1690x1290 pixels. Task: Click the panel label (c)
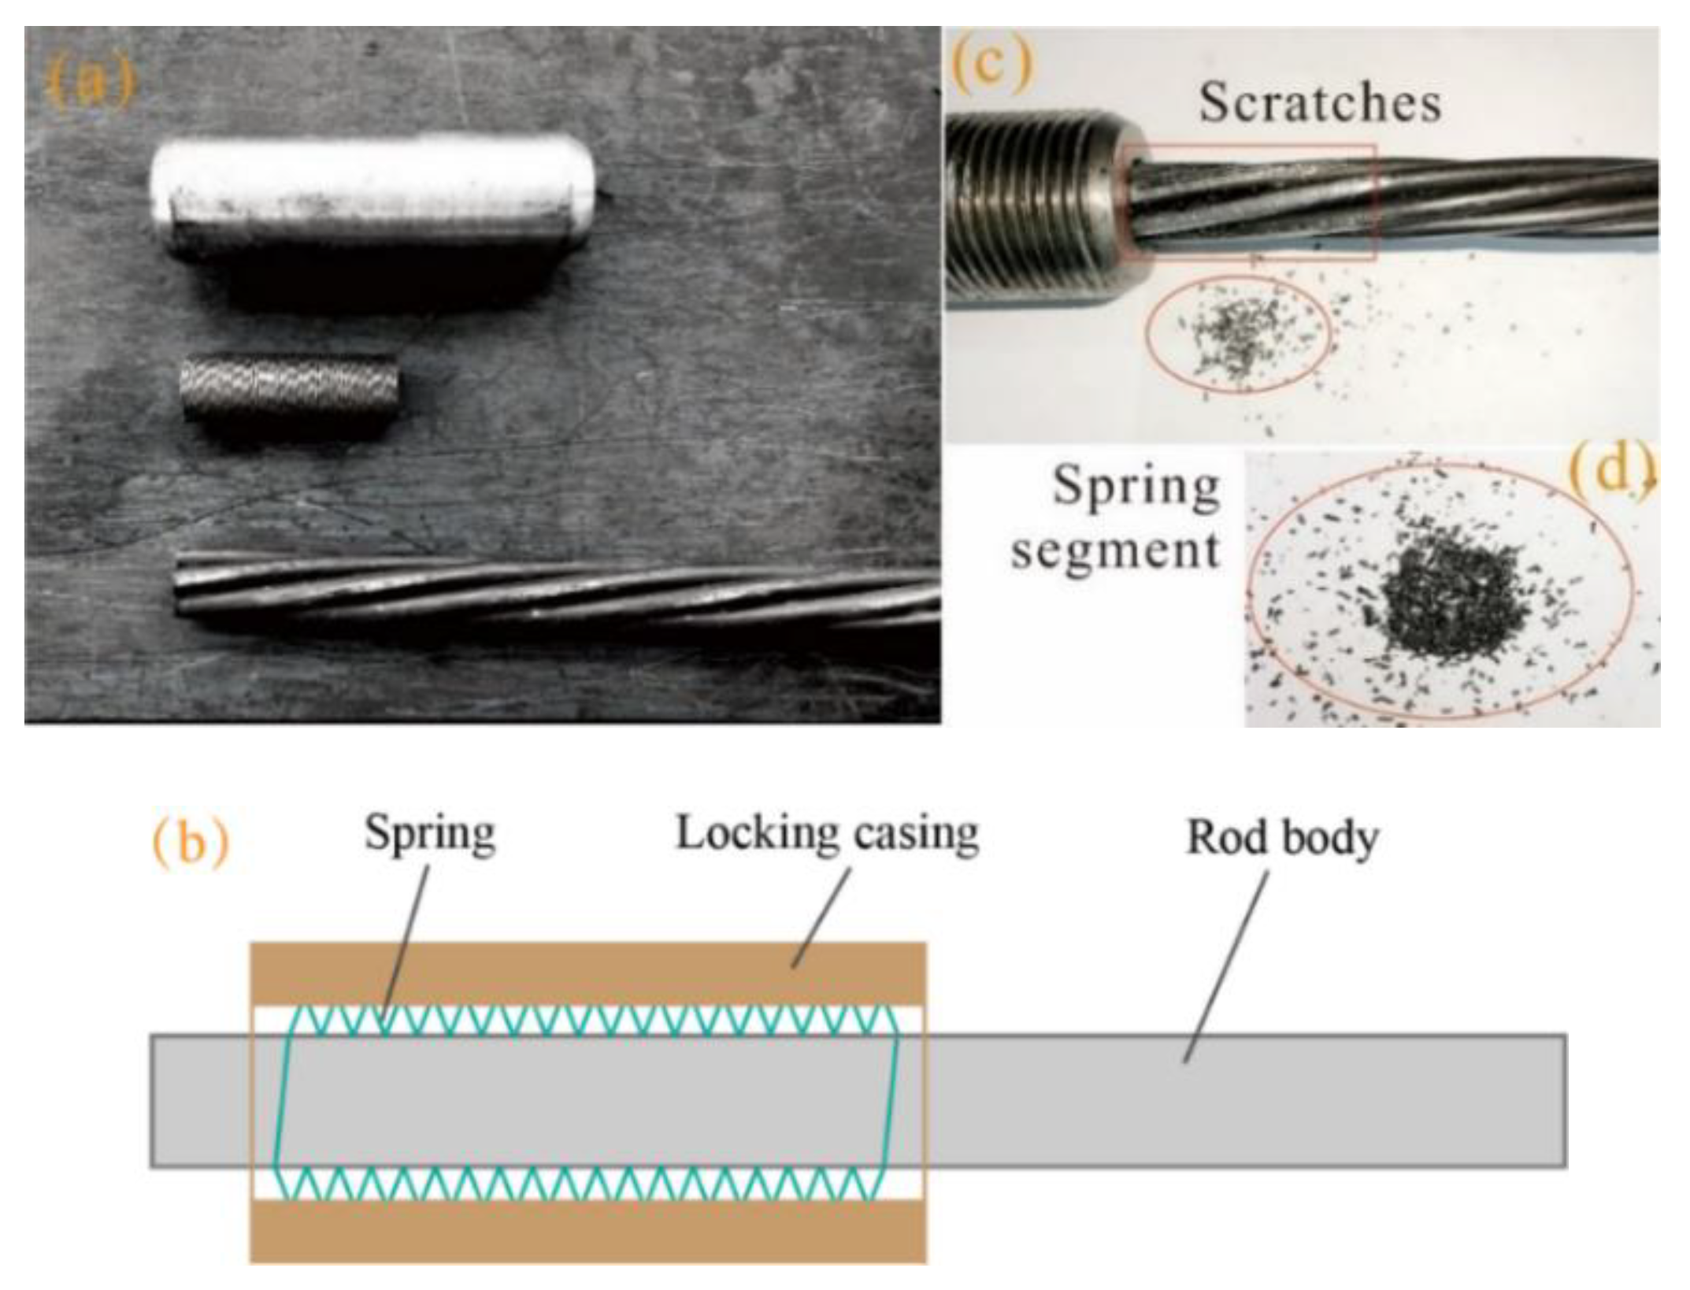[x=991, y=62]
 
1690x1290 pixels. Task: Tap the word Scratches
[x=1320, y=103]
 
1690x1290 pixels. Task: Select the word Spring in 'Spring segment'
[x=1136, y=487]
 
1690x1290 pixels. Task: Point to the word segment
[x=1115, y=550]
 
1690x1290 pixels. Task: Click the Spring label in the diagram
[x=430, y=834]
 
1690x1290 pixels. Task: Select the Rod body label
[x=1282, y=837]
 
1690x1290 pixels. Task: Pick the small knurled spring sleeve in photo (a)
[x=289, y=388]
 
